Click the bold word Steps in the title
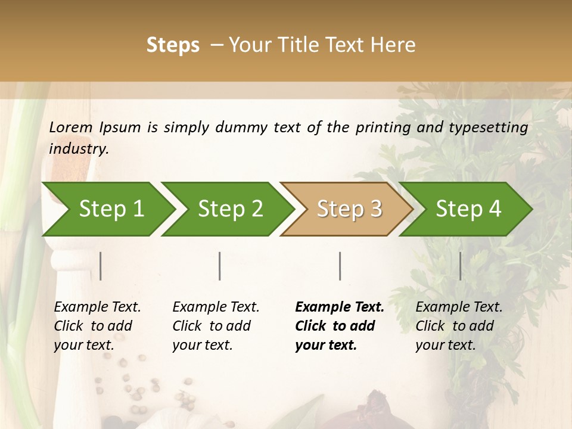point(173,45)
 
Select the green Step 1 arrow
point(107,209)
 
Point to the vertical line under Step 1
point(101,266)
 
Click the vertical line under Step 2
point(220,266)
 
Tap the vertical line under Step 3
point(340,266)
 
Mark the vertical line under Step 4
point(460,266)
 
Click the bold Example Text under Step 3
point(340,307)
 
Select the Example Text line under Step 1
point(97,307)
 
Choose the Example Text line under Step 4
point(459,307)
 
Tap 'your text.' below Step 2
point(202,345)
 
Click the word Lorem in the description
point(71,128)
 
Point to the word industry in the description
point(78,149)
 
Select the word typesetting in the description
point(493,128)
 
